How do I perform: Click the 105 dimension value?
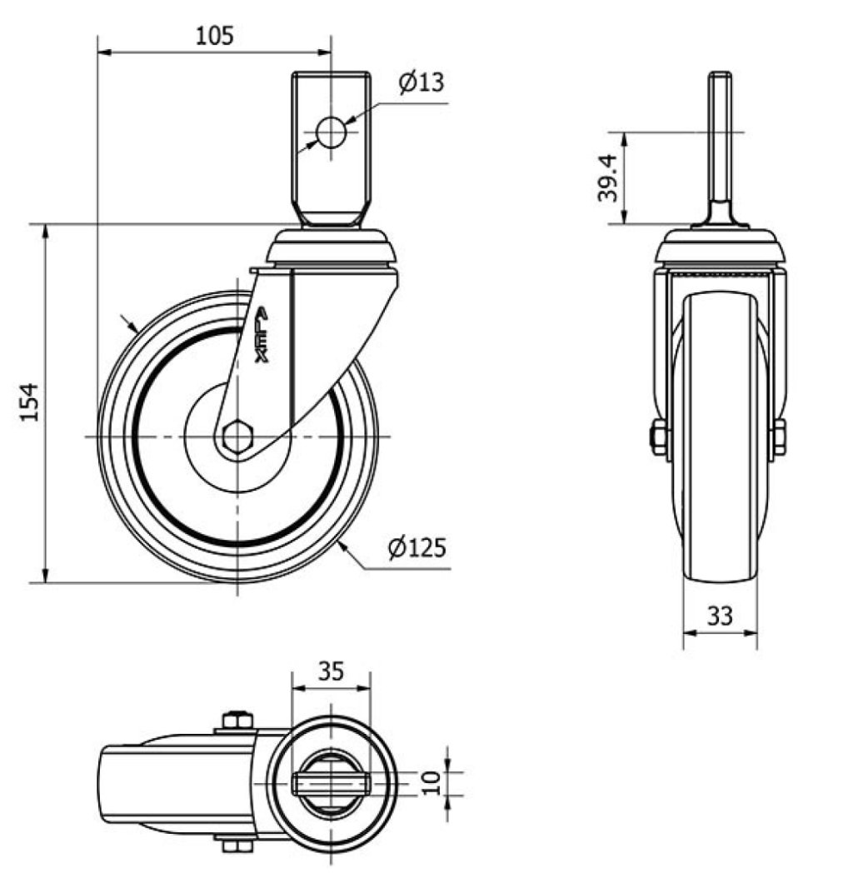(214, 36)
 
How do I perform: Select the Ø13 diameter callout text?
(421, 82)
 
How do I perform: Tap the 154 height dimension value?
(30, 402)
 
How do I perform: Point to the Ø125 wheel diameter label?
(417, 547)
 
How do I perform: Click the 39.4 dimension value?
(608, 177)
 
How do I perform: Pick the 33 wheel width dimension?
(720, 616)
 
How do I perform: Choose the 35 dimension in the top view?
(330, 671)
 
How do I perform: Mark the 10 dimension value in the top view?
(432, 781)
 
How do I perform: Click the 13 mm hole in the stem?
(331, 132)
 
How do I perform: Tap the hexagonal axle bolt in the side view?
(237, 437)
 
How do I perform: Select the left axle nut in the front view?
(659, 437)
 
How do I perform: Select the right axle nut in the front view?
(779, 437)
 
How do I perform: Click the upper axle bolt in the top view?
(237, 720)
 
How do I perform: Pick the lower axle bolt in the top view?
(237, 846)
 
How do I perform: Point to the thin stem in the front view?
(720, 142)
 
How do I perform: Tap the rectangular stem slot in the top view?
(331, 781)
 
